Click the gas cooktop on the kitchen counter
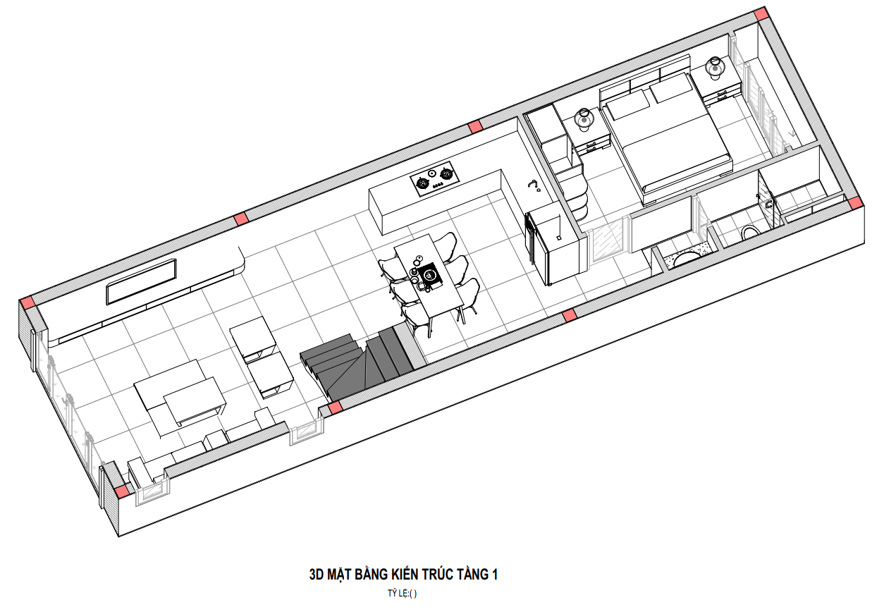click(436, 179)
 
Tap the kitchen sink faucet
click(534, 185)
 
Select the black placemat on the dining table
click(430, 274)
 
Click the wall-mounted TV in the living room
click(141, 281)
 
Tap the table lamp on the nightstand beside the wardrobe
click(584, 119)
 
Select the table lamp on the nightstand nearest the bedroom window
click(715, 68)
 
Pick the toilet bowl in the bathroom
click(751, 232)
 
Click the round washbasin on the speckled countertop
click(686, 259)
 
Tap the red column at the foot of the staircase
click(335, 408)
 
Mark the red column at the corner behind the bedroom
click(761, 13)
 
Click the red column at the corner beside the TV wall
click(28, 302)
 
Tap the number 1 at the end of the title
click(494, 575)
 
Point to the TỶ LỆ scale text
click(402, 594)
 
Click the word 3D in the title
click(317, 575)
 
